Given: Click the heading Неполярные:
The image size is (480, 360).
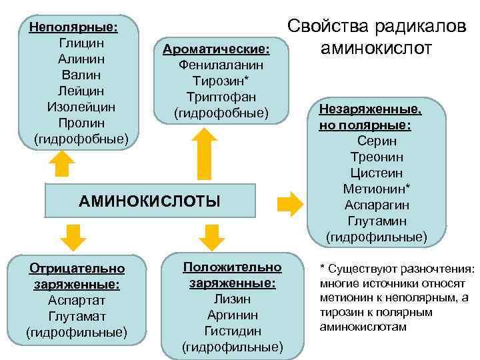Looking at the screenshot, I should (69, 27).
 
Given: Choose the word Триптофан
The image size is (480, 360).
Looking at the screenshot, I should (221, 97).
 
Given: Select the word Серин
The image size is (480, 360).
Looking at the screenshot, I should (377, 141).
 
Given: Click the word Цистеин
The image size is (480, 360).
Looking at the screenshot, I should (377, 173).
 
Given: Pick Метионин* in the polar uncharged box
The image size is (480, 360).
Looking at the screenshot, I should (377, 189).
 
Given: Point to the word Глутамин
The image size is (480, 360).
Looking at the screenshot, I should (377, 221).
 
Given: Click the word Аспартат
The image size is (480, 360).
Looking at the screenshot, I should (77, 300).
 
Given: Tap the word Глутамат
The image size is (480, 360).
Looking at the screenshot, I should (77, 316).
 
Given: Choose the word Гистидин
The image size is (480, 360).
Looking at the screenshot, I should (233, 331).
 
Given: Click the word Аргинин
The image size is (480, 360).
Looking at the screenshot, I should (233, 315).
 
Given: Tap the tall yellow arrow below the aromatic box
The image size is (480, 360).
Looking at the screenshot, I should (206, 154).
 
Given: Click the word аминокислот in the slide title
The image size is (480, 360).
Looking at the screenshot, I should (377, 49).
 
